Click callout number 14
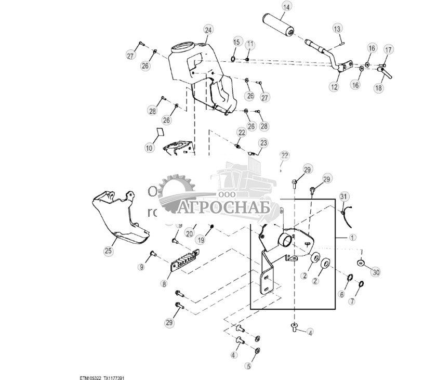click(286, 7)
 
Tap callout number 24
click(208, 30)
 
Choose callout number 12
click(333, 87)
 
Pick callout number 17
click(388, 50)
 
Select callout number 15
click(236, 42)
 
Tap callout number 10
click(150, 148)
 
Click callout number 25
click(108, 251)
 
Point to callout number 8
click(164, 284)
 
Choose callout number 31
click(343, 196)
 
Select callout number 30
click(376, 271)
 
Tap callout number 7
click(352, 302)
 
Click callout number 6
click(341, 294)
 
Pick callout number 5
click(248, 366)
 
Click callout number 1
click(352, 238)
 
